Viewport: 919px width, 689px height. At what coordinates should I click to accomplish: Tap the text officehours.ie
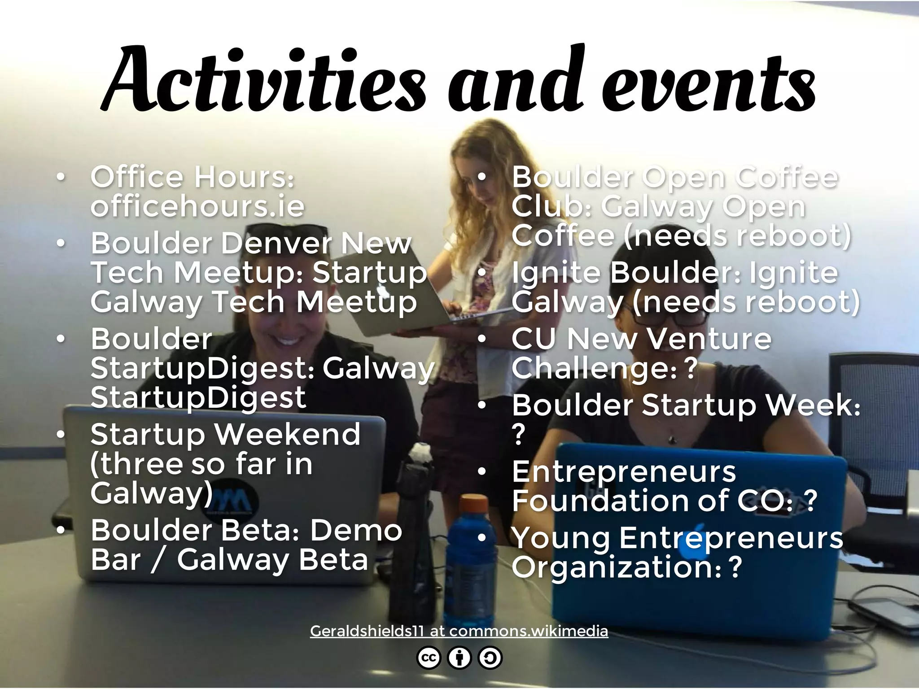(197, 206)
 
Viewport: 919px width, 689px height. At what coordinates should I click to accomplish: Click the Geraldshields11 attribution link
(459, 631)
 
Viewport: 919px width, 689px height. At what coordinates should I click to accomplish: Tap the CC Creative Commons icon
(429, 658)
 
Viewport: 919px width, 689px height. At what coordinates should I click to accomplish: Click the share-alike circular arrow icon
(490, 658)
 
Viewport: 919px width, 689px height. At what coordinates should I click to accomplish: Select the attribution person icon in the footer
(459, 658)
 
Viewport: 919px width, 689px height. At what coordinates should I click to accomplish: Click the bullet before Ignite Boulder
(482, 272)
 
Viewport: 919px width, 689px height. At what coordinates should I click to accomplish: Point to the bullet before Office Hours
(61, 177)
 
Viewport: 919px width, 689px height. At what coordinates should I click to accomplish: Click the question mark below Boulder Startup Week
(518, 434)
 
